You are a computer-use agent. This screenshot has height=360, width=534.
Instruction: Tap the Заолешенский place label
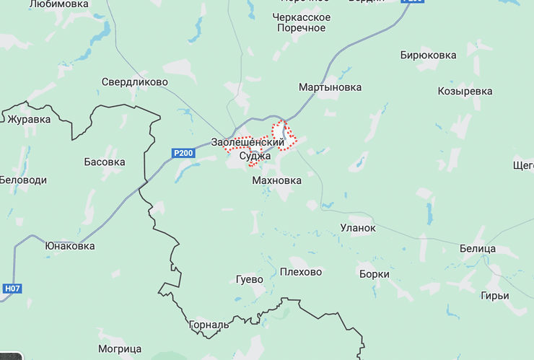248,142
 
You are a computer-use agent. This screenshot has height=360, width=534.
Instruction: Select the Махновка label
276,180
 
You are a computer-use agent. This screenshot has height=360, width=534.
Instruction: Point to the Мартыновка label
330,87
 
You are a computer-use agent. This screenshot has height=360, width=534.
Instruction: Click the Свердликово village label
134,82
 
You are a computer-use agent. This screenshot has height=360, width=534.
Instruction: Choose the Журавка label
29,119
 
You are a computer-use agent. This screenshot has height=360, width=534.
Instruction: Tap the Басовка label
104,162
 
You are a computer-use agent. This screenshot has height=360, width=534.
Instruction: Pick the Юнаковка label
69,245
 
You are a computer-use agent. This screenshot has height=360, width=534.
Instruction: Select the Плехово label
300,272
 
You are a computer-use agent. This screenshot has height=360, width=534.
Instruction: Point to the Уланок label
358,228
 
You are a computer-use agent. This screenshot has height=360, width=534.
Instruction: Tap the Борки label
374,274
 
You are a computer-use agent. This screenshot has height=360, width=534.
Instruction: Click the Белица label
478,249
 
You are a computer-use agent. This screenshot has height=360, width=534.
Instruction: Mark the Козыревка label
465,92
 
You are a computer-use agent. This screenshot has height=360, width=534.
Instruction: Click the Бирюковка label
428,55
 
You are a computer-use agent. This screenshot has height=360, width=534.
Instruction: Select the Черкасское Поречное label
302,22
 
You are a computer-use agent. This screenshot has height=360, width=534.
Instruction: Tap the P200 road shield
183,153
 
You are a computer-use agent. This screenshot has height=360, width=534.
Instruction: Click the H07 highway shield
12,289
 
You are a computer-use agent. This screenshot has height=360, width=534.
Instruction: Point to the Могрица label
120,349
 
